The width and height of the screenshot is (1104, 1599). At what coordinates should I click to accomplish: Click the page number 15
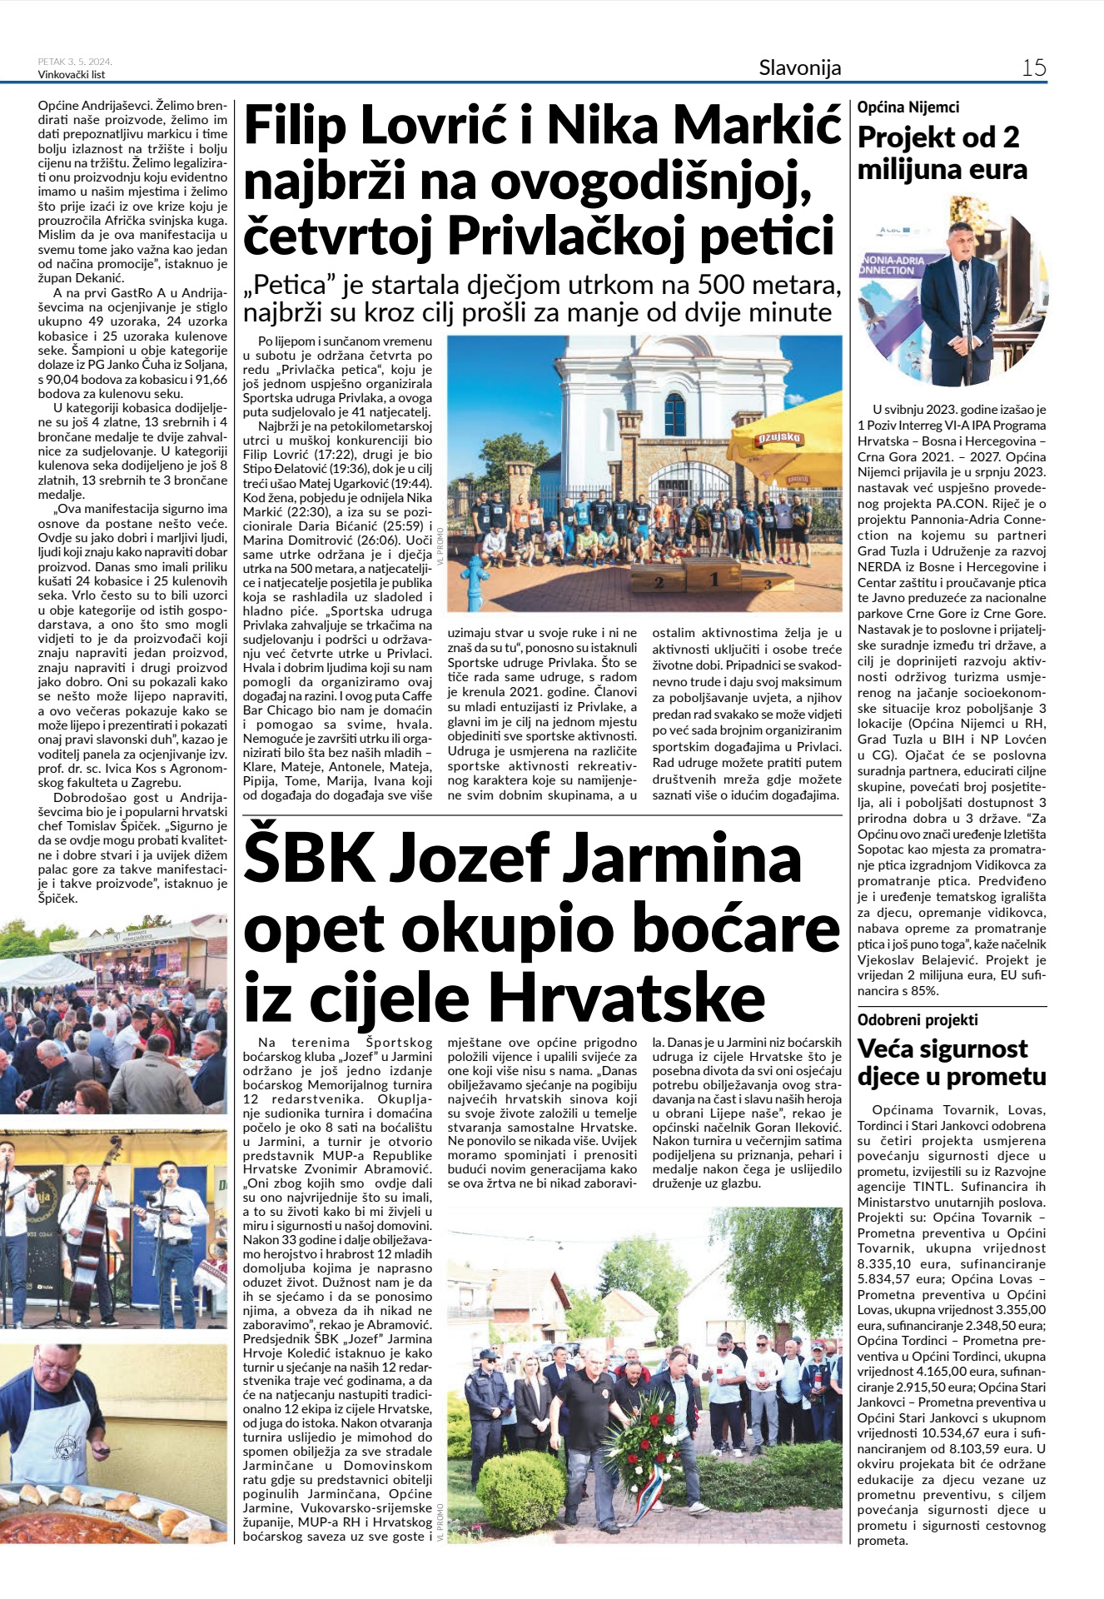[1033, 67]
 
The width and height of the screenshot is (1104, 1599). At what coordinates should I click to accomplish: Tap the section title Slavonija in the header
[799, 67]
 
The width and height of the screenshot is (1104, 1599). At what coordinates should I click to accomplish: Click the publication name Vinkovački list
[72, 75]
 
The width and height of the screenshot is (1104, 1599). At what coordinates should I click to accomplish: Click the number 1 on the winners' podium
[714, 578]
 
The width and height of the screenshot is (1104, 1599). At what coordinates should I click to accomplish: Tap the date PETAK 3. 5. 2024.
[75, 62]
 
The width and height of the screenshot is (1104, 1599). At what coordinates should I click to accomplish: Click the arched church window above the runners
[674, 414]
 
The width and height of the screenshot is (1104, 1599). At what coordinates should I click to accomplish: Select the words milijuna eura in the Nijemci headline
[942, 170]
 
